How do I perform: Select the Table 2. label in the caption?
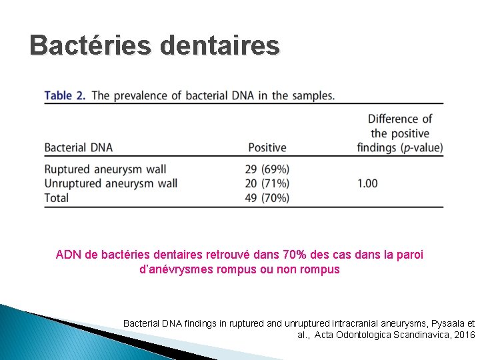click(x=65, y=95)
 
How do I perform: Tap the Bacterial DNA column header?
click(x=78, y=147)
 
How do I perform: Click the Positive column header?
click(x=267, y=147)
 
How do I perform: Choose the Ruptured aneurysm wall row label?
click(x=105, y=169)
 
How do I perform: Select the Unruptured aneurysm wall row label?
click(x=111, y=183)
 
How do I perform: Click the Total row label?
click(x=57, y=197)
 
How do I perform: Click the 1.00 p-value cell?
click(x=367, y=183)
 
